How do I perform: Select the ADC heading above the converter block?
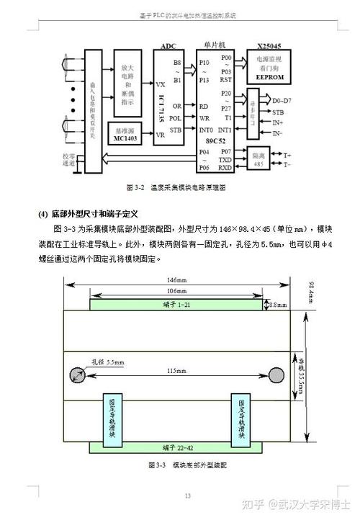pos(168,45)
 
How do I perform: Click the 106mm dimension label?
pos(175,290)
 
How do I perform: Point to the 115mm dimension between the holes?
pos(176,371)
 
